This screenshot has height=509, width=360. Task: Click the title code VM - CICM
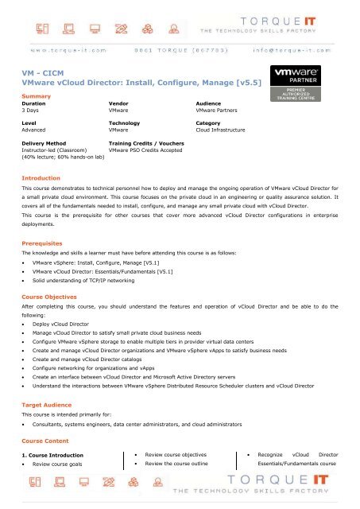(x=45, y=70)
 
